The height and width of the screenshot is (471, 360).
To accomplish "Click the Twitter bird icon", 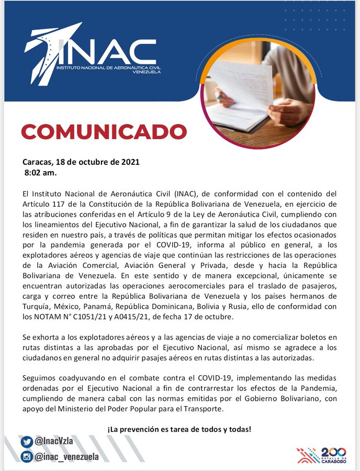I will point(26,441).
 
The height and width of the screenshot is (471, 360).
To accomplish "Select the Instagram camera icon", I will point(26,456).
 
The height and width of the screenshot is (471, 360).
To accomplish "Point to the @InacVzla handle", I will point(55,441).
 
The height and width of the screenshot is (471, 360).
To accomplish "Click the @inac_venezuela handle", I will point(67,456).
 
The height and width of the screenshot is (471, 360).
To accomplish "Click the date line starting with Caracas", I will point(81,162).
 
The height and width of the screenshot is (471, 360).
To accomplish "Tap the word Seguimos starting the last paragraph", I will point(40,377).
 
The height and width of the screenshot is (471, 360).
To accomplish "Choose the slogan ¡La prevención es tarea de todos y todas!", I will point(179,429).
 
